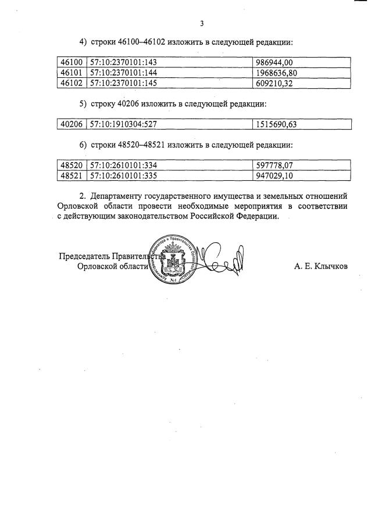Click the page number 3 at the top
pos(201,23)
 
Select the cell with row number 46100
pos(71,62)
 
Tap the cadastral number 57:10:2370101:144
pos(124,73)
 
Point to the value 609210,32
pos(276,83)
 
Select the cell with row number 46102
pos(71,83)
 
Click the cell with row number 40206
pos(71,124)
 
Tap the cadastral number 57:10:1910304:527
pos(124,124)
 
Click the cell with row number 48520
pos(71,164)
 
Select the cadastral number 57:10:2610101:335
pos(124,175)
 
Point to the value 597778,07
pos(276,164)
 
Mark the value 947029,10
pos(276,175)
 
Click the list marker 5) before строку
pos(84,104)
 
